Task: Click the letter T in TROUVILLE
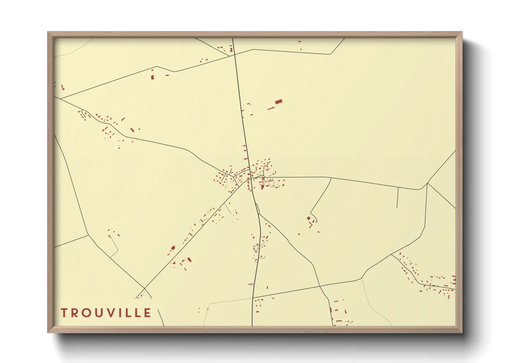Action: pyautogui.click(x=64, y=313)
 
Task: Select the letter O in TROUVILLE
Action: pyautogui.click(x=87, y=313)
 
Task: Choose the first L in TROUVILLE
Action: pyautogui.click(x=129, y=313)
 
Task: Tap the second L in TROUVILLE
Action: pyautogui.click(x=138, y=313)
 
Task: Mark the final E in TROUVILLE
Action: pyautogui.click(x=148, y=313)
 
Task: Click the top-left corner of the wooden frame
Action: pyautogui.click(x=48, y=32)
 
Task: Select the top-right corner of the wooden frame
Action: pyautogui.click(x=462, y=32)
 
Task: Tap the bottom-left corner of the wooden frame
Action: pyautogui.click(x=48, y=332)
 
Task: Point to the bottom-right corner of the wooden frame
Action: pyautogui.click(x=462, y=332)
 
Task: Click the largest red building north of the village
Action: pyautogui.click(x=279, y=102)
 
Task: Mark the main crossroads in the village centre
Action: pyautogui.click(x=250, y=178)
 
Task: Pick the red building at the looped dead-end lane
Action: pyautogui.click(x=308, y=218)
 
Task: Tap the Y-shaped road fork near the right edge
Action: pyautogui.click(x=427, y=184)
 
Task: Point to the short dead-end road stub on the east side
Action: pyautogui.click(x=397, y=198)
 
